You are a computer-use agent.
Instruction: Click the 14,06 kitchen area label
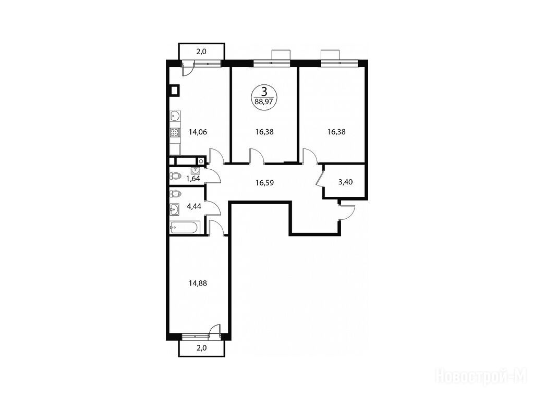(x=198, y=132)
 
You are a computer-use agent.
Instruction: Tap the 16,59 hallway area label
(x=264, y=183)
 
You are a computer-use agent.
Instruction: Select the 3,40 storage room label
(x=345, y=182)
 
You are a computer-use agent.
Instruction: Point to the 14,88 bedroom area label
(x=198, y=283)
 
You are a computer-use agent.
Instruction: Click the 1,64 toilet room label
(x=193, y=178)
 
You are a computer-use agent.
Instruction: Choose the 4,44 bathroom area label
(x=194, y=206)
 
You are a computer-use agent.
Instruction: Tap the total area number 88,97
(x=263, y=101)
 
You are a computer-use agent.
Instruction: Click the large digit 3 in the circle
(x=263, y=92)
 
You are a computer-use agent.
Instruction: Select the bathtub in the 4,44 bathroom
(x=184, y=227)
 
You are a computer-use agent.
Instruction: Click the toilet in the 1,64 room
(x=176, y=176)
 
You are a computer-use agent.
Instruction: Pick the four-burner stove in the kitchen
(x=175, y=132)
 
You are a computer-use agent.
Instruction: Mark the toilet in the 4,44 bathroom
(x=176, y=194)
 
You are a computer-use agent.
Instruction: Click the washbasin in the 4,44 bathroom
(x=174, y=209)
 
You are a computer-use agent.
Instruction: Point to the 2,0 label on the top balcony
(x=202, y=52)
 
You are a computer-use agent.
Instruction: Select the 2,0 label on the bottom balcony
(x=202, y=348)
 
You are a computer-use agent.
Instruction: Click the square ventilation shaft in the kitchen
(x=174, y=91)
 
